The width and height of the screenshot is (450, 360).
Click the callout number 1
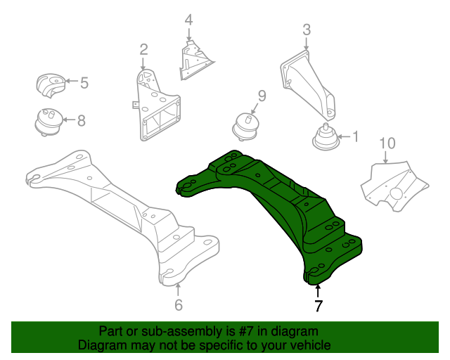click(x=355, y=136)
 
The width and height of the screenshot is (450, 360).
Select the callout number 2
click(x=143, y=49)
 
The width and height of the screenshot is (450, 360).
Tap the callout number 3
click(x=307, y=30)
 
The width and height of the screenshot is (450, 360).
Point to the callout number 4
click(x=188, y=20)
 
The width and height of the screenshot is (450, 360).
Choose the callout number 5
click(x=84, y=83)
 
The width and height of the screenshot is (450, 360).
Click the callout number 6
click(x=178, y=305)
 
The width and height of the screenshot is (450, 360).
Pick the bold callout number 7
click(x=318, y=306)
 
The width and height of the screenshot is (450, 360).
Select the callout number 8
click(x=81, y=121)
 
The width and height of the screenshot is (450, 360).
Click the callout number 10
click(x=387, y=143)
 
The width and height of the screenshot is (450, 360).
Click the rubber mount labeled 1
click(x=324, y=137)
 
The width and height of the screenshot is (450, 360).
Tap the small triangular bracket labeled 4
click(x=195, y=60)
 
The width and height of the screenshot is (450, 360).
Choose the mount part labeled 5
click(x=51, y=86)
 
